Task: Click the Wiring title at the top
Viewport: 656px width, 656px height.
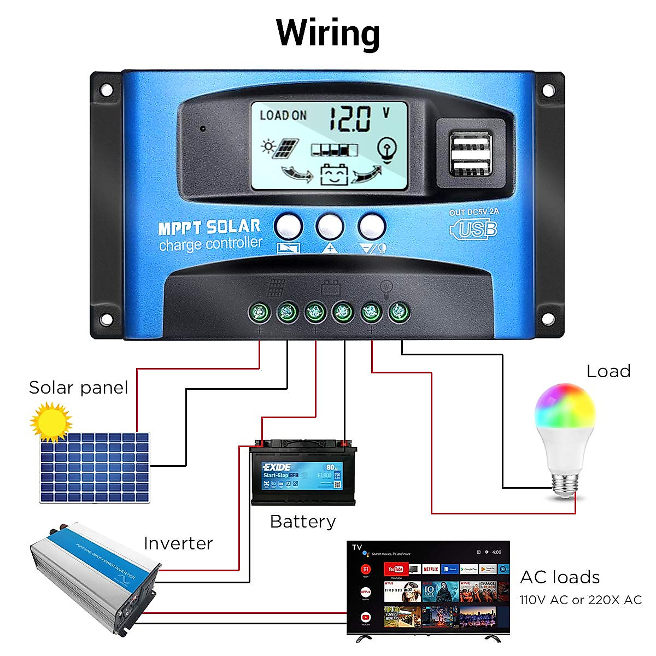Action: coord(328,33)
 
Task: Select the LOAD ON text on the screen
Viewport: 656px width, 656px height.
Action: coord(283,115)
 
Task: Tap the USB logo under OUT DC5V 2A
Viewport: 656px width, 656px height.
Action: coord(473,229)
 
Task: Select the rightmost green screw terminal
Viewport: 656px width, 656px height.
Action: coord(399,313)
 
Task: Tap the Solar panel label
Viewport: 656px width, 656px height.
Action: coord(78,388)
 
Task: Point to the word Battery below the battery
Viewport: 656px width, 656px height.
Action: coord(303,522)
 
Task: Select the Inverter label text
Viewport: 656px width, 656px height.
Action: coord(178,543)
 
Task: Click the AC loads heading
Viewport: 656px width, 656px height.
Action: coord(560,577)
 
